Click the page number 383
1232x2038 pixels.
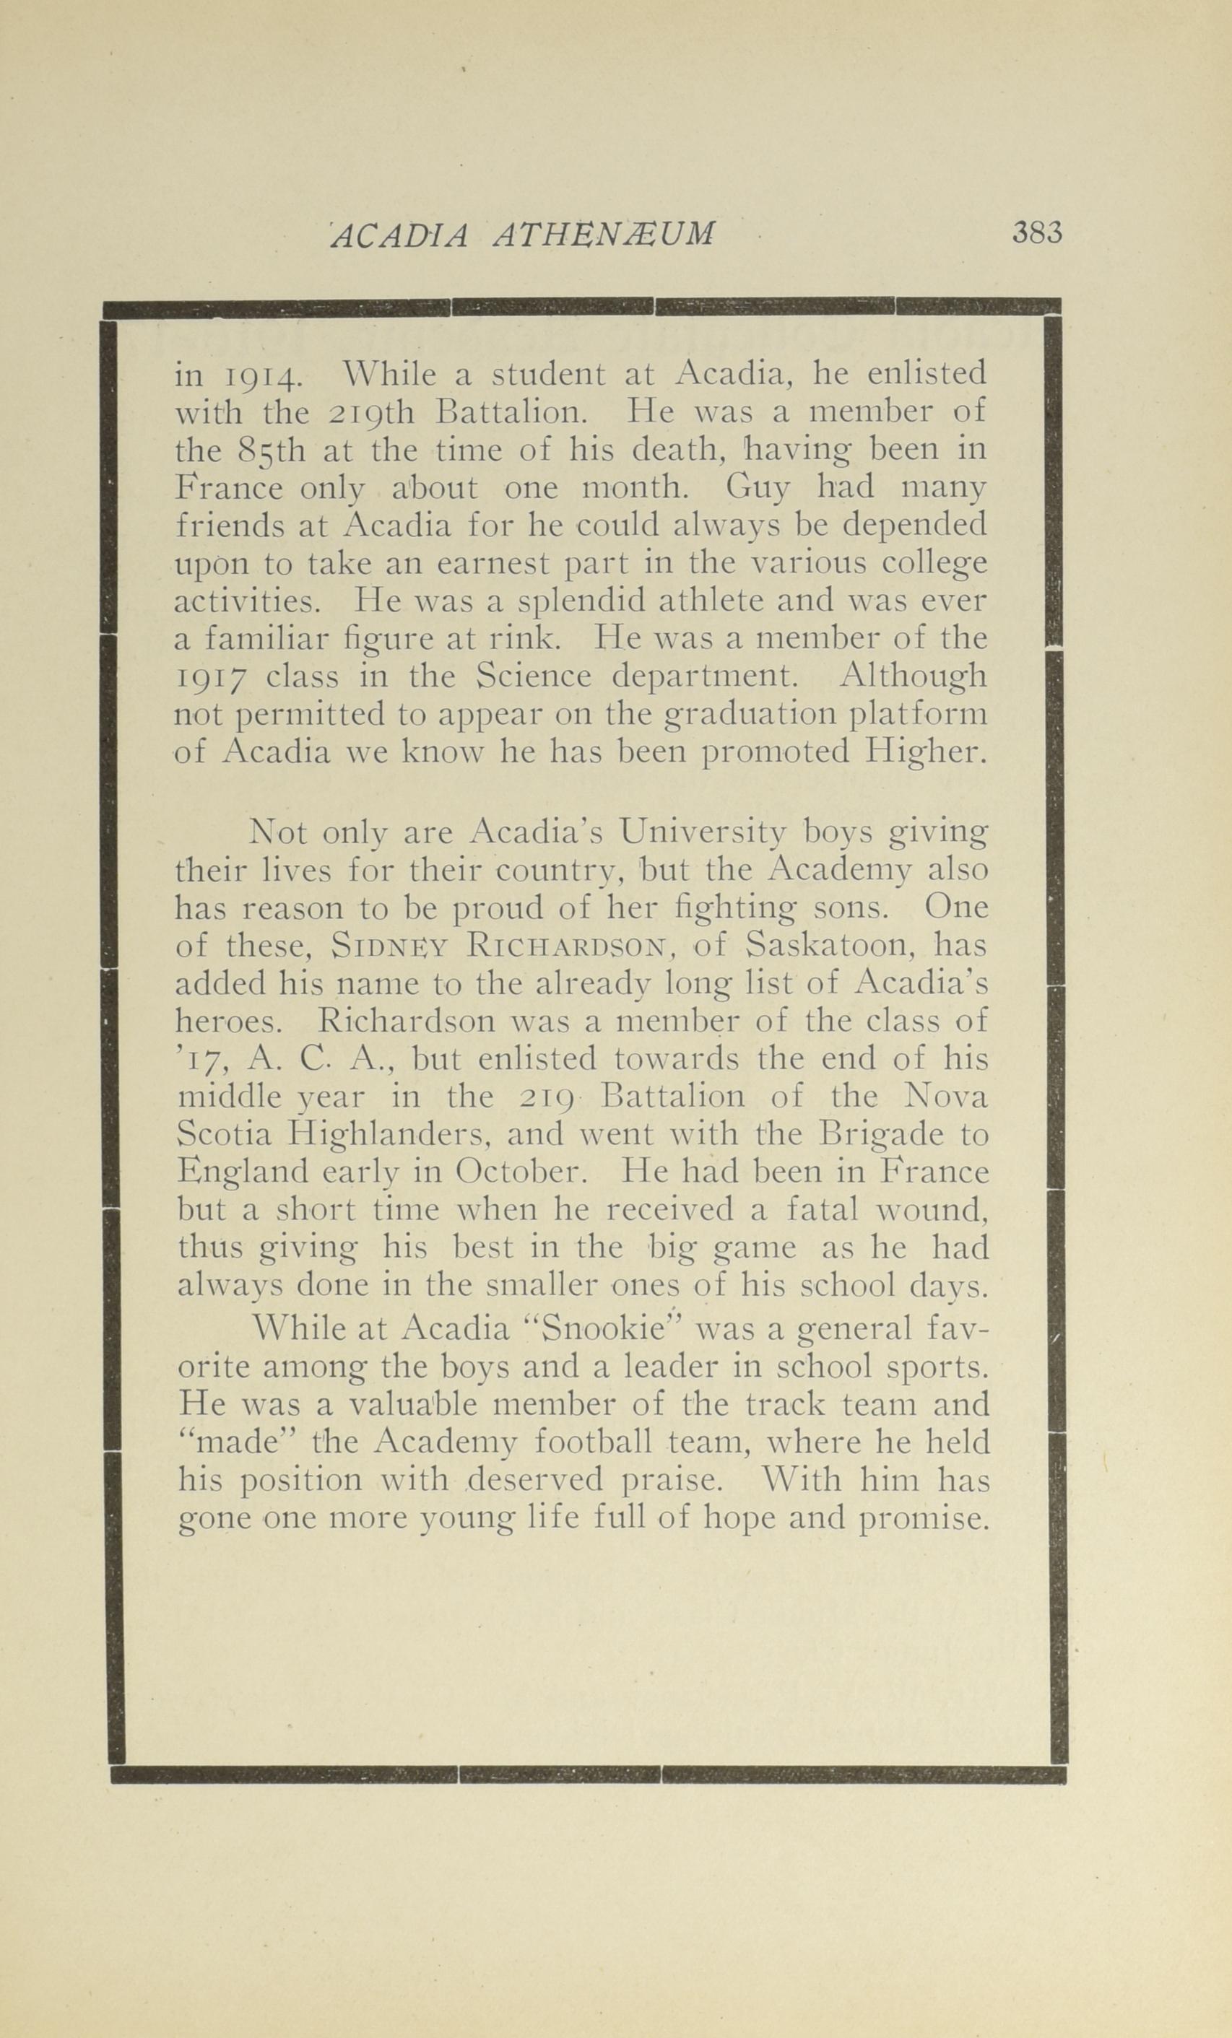[x=1036, y=234]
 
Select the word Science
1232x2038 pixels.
[x=534, y=676]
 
